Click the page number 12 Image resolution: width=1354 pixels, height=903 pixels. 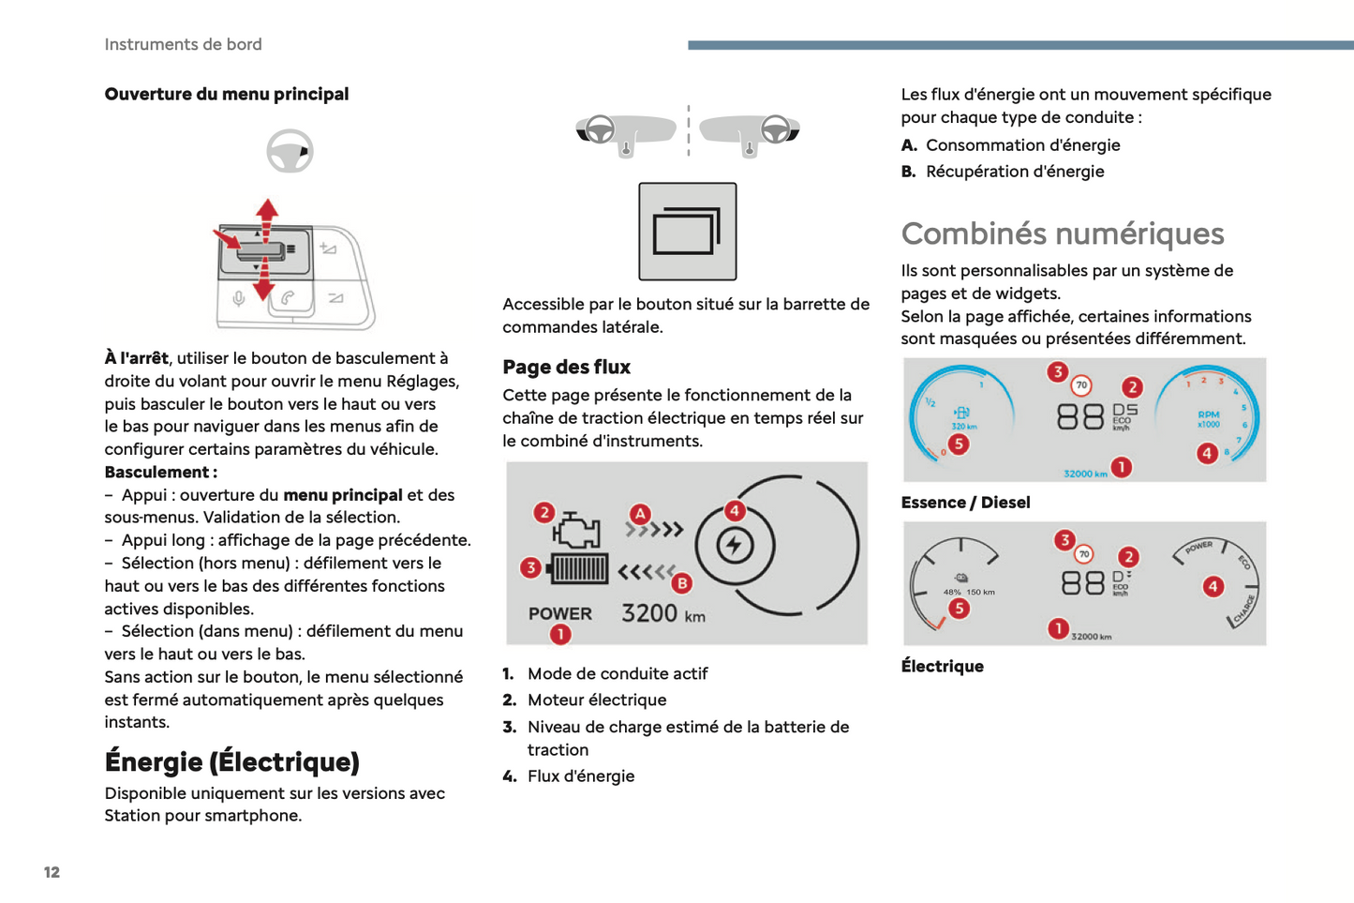52,872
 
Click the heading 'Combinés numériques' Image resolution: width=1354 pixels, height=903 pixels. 1062,233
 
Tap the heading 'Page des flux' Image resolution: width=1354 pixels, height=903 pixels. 566,367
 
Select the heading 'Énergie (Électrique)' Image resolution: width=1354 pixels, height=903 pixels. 231,761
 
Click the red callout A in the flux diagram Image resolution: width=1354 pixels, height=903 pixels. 640,514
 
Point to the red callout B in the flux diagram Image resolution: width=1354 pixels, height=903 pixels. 682,582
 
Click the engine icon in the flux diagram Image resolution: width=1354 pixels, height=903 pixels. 576,531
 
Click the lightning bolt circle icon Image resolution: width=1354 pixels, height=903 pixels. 735,545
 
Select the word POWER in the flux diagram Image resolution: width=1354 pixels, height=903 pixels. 559,614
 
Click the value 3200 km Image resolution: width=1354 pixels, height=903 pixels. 662,613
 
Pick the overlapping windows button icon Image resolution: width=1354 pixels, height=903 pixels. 687,232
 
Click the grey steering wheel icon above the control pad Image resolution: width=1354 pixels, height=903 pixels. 290,151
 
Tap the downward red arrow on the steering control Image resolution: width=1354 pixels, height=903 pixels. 263,283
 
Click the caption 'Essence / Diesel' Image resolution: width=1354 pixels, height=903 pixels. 965,503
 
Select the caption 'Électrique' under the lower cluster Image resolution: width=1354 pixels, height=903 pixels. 942,666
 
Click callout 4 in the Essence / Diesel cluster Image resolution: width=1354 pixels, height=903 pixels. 1206,454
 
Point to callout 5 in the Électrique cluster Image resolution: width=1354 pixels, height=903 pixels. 959,609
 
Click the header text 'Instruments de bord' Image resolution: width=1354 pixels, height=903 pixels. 183,44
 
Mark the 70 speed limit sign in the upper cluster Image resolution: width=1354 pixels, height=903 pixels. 1081,385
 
